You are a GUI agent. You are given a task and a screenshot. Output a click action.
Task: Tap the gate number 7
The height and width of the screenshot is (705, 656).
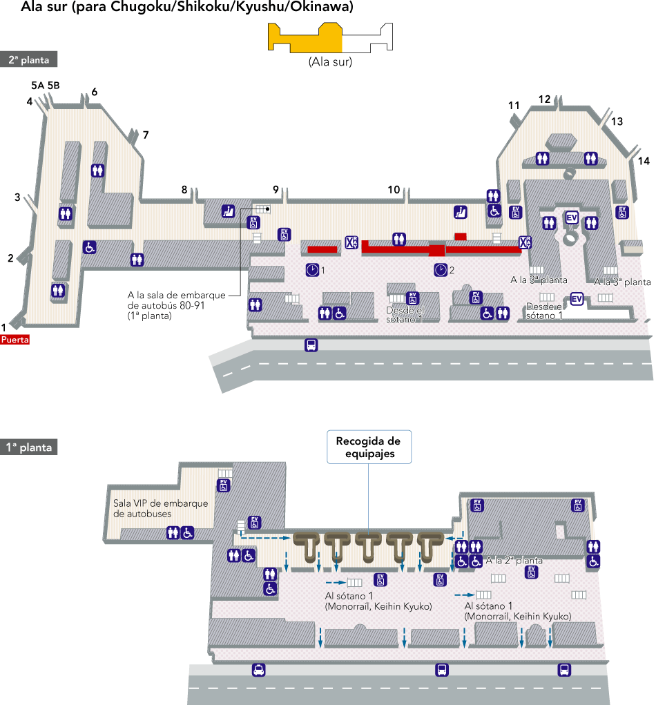coord(146,135)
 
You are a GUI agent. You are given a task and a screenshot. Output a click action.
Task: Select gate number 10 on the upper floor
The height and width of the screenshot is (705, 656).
coord(394,189)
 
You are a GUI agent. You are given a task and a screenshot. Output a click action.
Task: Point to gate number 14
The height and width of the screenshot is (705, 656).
coord(644,161)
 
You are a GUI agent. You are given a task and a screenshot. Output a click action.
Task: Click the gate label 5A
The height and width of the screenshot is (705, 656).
coord(37,86)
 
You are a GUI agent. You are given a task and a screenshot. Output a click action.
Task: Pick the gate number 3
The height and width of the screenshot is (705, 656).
coord(17,197)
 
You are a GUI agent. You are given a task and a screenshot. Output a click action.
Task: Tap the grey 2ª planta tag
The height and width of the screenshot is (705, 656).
coord(28,60)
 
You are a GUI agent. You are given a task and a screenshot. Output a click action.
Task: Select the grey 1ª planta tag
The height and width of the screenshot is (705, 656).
coord(28,447)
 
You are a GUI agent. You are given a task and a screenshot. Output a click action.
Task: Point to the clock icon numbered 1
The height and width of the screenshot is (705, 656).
coord(312,269)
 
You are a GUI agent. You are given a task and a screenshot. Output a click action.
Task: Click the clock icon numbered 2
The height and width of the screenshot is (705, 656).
coord(440,269)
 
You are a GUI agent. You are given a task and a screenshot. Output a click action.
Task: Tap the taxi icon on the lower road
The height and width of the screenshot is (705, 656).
coord(258,669)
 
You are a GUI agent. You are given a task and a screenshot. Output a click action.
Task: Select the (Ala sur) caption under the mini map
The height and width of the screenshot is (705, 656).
coord(330,62)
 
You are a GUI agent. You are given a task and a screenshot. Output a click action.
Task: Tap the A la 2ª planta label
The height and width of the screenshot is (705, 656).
coord(514,561)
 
